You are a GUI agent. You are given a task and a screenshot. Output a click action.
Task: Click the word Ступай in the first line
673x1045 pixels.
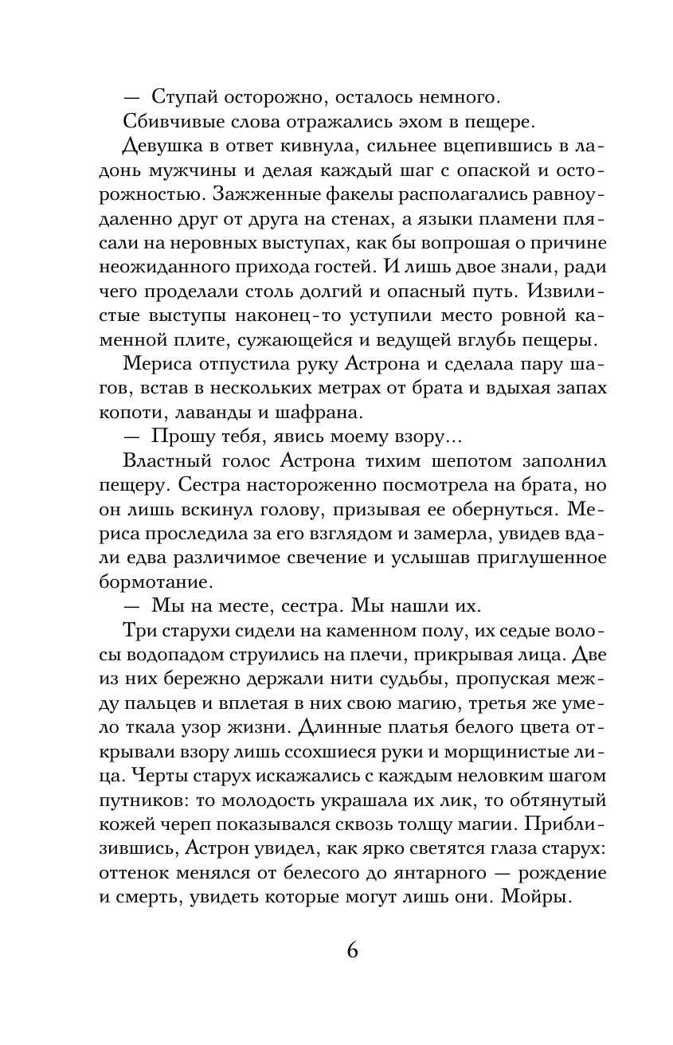179,98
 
